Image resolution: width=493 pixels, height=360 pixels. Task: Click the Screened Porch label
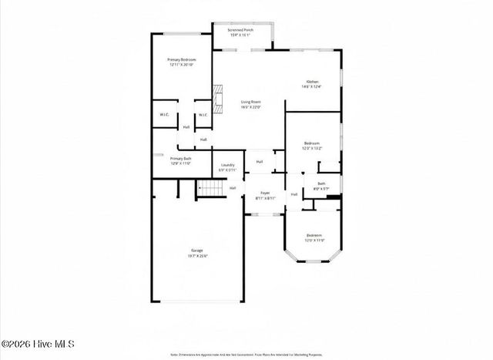coord(242,30)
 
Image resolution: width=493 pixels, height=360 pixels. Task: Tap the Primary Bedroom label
coord(182,59)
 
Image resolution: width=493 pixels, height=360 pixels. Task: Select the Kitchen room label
coord(312,82)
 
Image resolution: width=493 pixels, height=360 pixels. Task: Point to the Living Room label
coord(250,102)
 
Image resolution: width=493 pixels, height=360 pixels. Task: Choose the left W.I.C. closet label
coord(164,115)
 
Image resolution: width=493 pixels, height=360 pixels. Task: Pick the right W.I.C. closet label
coord(203,115)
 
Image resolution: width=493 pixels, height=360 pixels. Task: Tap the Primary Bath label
coord(181,159)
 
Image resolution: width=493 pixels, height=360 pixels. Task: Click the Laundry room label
coord(227,164)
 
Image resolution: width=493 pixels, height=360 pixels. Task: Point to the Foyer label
coord(264,193)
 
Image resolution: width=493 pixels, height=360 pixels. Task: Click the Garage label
coord(197,251)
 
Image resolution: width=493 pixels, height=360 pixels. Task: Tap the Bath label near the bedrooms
coord(321,184)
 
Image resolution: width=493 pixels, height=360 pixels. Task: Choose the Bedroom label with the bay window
coord(314,235)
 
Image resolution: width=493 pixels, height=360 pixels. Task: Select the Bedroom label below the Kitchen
coord(311,143)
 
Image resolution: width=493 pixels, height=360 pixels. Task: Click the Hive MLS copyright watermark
coord(37,344)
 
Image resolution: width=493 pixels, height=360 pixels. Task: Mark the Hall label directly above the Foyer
coord(260,162)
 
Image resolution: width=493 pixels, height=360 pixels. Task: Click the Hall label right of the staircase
coord(232,187)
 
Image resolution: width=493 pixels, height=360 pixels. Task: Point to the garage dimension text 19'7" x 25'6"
coord(197,256)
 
